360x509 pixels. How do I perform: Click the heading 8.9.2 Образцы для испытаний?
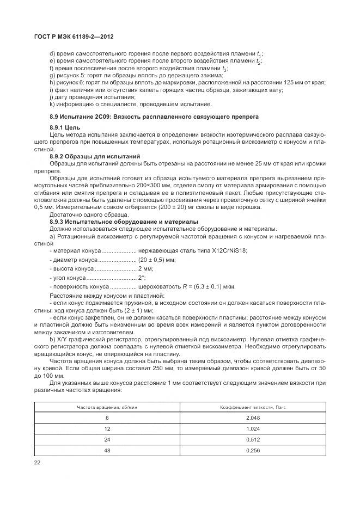click(x=95, y=156)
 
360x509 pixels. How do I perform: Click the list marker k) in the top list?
click(x=52, y=104)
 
